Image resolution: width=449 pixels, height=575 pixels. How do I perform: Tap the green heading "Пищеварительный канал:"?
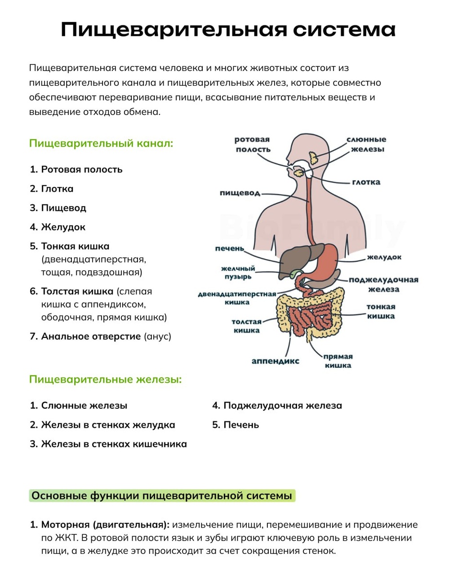coord(101,143)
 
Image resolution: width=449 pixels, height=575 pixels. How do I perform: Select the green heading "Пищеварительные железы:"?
coord(105,379)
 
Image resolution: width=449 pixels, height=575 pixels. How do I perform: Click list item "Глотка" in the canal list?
coord(57,189)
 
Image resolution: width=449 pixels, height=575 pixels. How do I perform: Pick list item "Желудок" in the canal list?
coord(63,227)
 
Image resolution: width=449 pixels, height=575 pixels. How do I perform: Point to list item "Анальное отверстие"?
coord(91,336)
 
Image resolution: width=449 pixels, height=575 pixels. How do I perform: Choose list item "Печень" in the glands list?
coord(241,425)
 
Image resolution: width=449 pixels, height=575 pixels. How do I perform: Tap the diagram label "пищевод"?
coord(240,193)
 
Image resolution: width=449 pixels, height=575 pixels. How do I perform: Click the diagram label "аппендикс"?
coord(275,361)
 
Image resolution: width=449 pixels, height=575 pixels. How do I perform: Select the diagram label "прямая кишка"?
coord(338,361)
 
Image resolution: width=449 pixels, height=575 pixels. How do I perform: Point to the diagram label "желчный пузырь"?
coord(238,273)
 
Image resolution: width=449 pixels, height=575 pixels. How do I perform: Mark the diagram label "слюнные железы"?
coord(367,144)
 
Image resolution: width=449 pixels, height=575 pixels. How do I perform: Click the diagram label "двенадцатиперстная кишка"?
coord(237,298)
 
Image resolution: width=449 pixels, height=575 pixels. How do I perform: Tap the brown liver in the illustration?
coord(291,261)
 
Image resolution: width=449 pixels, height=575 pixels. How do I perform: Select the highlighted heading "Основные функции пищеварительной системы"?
coord(162,496)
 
